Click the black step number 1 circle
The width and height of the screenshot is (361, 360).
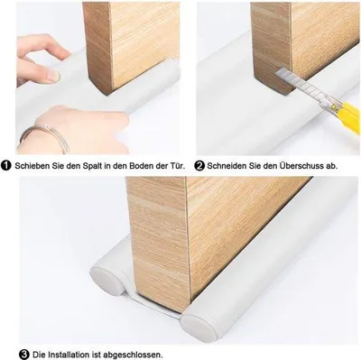[6, 166]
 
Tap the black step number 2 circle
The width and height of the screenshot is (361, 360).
[199, 166]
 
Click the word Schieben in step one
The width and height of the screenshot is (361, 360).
[29, 166]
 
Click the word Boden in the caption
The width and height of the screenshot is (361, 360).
[142, 166]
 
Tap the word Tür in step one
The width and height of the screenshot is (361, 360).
[179, 166]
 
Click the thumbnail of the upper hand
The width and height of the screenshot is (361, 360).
[54, 76]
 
